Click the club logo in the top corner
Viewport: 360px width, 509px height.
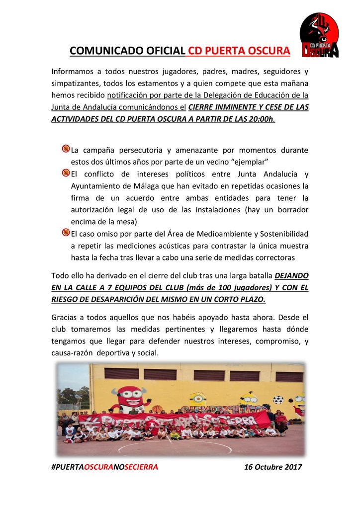tap(319, 35)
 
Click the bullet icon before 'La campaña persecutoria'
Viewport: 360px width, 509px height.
tap(66, 149)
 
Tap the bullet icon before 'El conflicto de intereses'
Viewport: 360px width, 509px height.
tap(66, 173)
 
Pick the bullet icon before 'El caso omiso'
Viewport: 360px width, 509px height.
tap(66, 232)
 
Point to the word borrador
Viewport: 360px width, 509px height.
tap(289, 210)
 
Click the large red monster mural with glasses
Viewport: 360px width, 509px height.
tap(128, 396)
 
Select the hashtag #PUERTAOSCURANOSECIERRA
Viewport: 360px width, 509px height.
tap(105, 467)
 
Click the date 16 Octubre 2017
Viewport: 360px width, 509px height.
tap(273, 467)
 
